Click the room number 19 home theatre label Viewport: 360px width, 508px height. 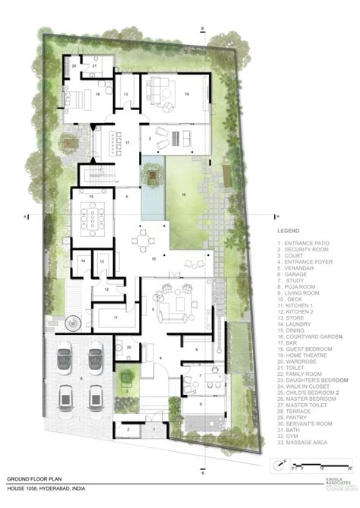tap(187, 93)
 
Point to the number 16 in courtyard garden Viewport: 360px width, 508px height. tap(182, 194)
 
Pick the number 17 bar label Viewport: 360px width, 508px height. tap(128, 142)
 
